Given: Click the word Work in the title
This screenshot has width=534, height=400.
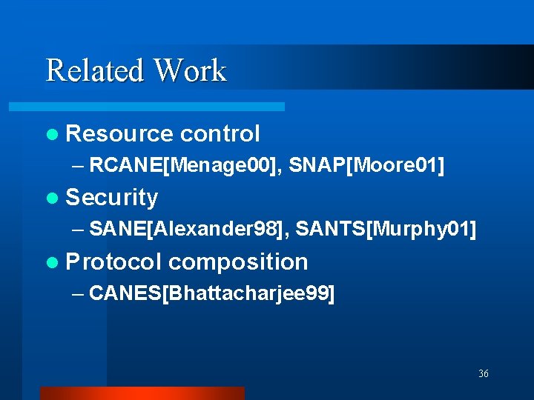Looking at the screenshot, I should click(189, 71).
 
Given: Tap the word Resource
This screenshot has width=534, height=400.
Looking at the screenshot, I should click(119, 134).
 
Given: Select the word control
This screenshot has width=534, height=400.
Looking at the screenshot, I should click(220, 134).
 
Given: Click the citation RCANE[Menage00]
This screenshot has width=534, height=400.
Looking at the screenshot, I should click(185, 166).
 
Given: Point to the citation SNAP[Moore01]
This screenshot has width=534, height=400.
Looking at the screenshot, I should click(367, 166).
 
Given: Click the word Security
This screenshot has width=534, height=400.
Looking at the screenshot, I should click(112, 198).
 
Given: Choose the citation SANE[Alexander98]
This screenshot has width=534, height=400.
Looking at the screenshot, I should click(188, 230).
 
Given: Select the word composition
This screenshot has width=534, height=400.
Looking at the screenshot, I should click(238, 262).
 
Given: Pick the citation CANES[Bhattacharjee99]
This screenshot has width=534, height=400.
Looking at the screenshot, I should click(211, 294).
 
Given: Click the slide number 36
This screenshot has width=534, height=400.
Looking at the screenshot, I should click(484, 374).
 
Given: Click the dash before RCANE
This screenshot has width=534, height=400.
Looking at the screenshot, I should click(79, 167).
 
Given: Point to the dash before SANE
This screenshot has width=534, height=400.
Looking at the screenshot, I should click(79, 231).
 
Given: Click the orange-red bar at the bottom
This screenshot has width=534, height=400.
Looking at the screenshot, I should click(142, 393).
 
